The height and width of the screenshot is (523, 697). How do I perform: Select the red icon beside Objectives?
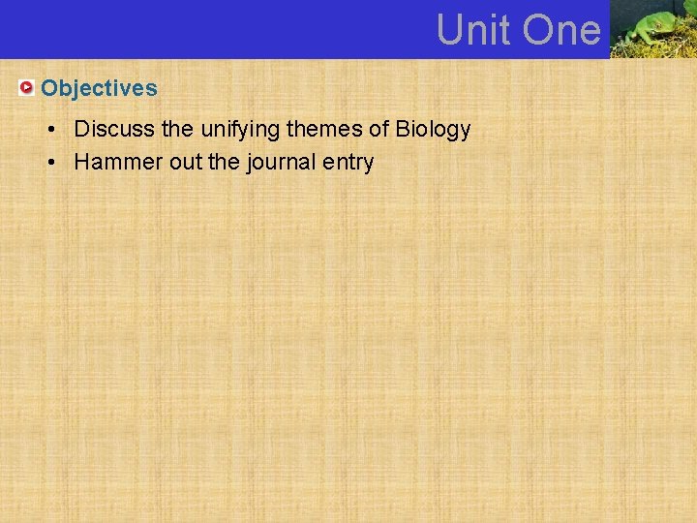(x=27, y=88)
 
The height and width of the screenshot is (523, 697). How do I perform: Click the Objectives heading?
(x=99, y=88)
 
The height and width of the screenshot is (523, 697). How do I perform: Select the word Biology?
(x=433, y=129)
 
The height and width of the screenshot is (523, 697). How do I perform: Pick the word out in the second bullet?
(x=185, y=162)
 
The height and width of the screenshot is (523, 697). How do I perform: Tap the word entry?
(x=349, y=162)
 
